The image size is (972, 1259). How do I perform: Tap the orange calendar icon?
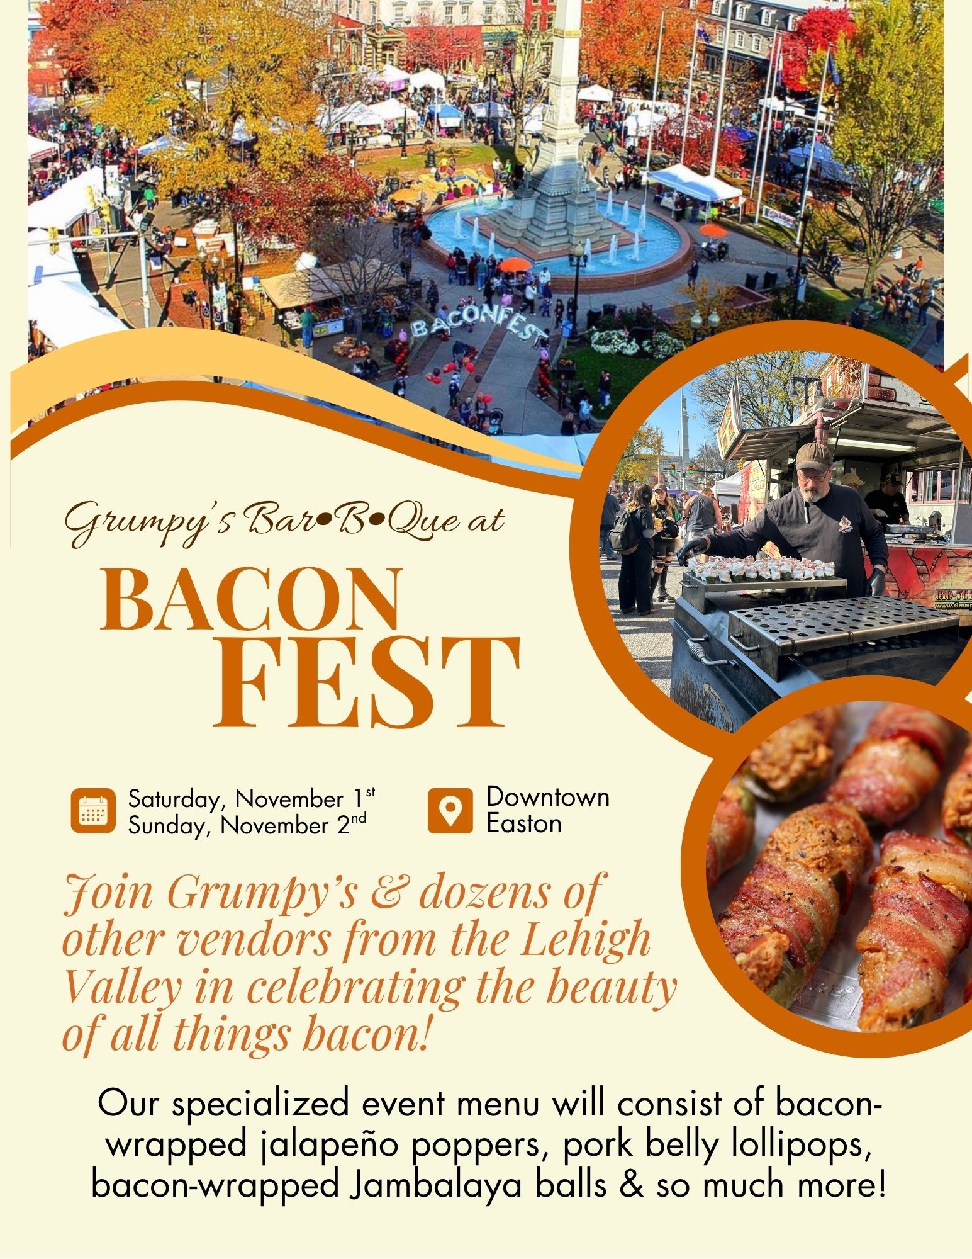[93, 810]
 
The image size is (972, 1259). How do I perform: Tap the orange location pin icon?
[450, 810]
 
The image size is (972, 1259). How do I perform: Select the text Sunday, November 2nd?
[247, 825]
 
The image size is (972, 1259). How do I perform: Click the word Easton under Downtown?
[524, 823]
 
